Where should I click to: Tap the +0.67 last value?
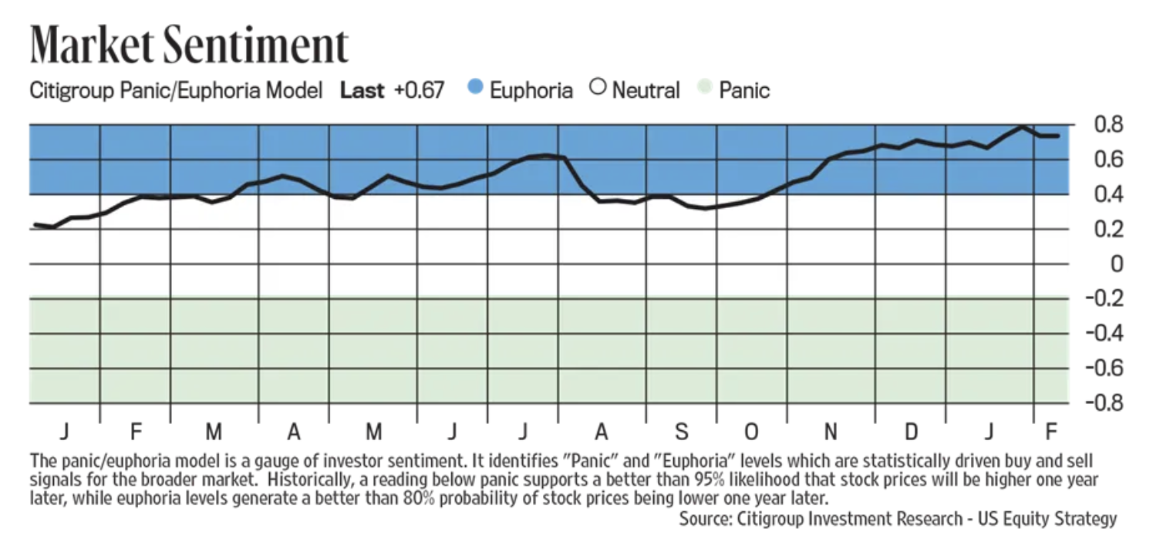tap(419, 90)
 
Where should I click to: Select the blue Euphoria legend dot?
tap(475, 89)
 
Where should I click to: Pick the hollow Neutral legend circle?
tap(597, 89)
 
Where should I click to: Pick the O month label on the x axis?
tap(751, 430)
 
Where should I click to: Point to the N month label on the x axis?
tap(831, 430)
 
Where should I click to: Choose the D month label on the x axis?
tap(911, 430)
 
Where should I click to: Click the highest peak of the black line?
tap(1023, 126)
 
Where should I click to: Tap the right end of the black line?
tap(1057, 136)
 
